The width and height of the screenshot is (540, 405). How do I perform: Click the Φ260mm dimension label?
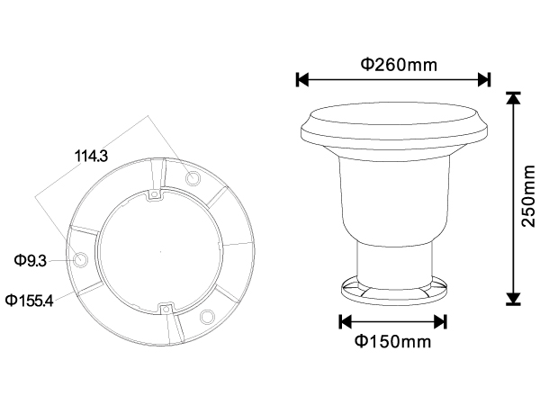[399, 65]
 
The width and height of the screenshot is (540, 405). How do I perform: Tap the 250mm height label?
[528, 195]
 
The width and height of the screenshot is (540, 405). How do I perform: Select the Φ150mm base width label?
[393, 341]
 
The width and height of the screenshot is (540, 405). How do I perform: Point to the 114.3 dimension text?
[91, 156]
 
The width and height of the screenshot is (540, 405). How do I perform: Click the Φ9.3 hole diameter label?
[30, 260]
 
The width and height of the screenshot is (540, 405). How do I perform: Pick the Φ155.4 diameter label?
[30, 301]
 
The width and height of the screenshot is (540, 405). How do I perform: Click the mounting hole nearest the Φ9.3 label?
[81, 259]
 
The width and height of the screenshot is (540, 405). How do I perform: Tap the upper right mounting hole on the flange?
[193, 178]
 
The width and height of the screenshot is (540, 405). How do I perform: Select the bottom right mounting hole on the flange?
[207, 317]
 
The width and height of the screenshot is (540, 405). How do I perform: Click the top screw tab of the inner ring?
[155, 195]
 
